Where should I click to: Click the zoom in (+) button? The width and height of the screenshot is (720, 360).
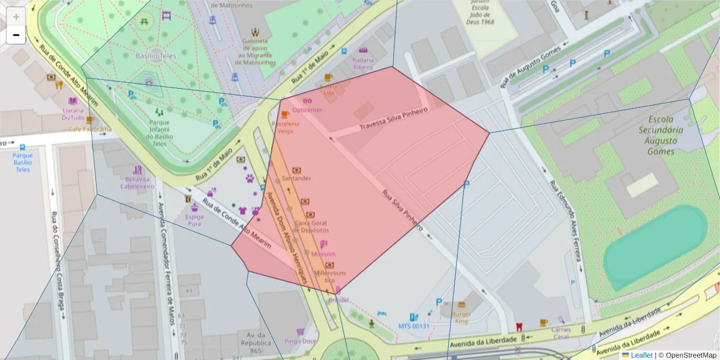16,17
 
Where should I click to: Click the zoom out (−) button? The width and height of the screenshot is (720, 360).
16,35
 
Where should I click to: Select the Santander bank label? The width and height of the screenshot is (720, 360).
296,178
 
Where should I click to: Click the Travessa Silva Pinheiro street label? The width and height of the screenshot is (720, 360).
393,119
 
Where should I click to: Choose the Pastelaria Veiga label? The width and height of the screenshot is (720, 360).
285,127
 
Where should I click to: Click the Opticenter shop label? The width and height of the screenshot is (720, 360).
308,110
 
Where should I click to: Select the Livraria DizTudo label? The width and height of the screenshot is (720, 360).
73,114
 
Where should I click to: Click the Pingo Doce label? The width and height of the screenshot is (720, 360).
301,341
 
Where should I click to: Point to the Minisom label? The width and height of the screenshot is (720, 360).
324,254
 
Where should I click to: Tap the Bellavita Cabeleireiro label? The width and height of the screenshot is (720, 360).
137,182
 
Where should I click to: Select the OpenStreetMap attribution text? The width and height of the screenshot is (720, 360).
690,355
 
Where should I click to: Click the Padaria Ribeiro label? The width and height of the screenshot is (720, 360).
363,64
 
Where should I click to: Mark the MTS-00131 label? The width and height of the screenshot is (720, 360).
414,326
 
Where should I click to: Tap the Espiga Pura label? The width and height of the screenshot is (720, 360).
194,220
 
